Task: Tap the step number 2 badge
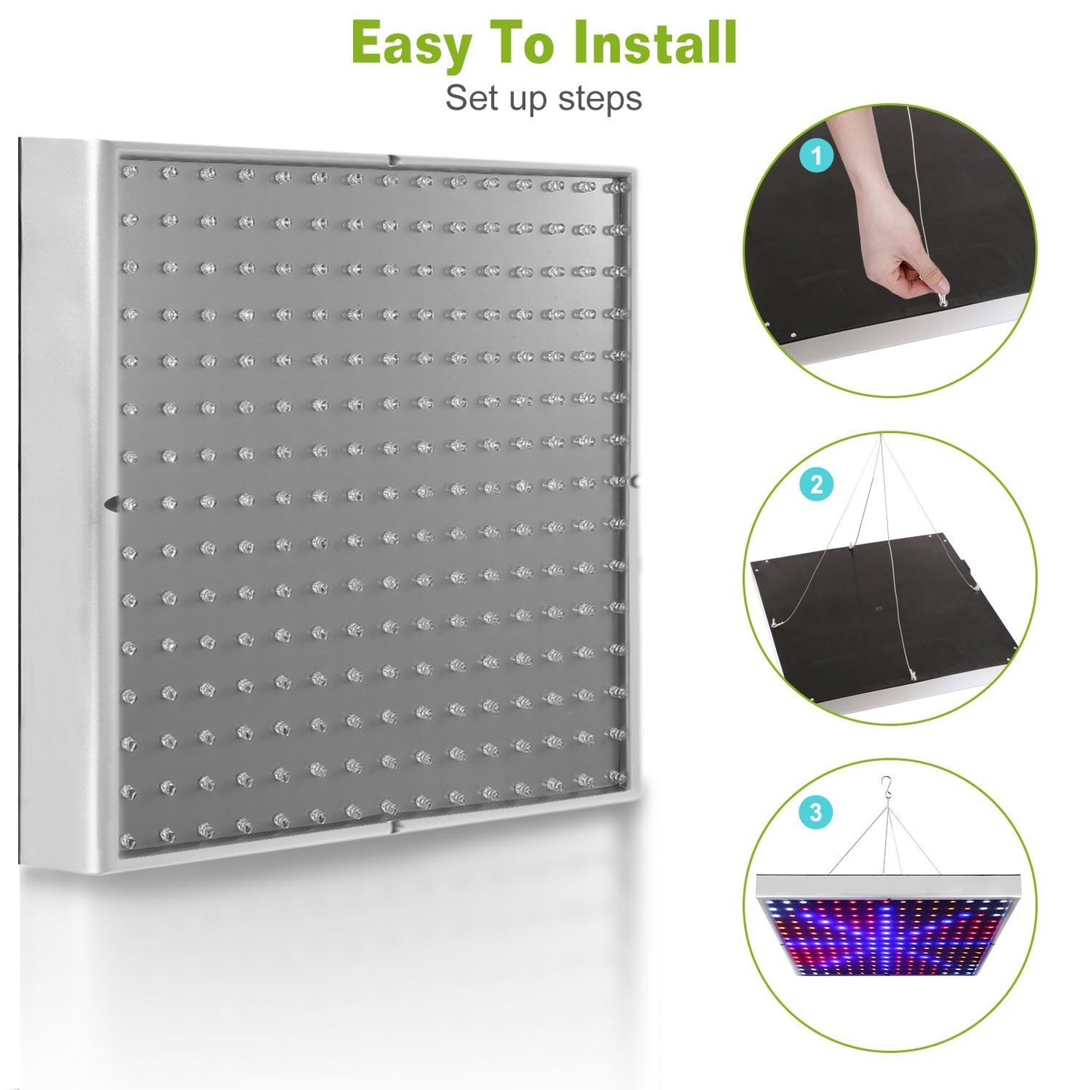(816, 484)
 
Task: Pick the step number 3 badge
(815, 812)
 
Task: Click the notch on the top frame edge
(391, 161)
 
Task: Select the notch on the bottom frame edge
(394, 828)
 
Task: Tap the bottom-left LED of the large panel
(130, 839)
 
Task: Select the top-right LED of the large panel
(618, 186)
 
